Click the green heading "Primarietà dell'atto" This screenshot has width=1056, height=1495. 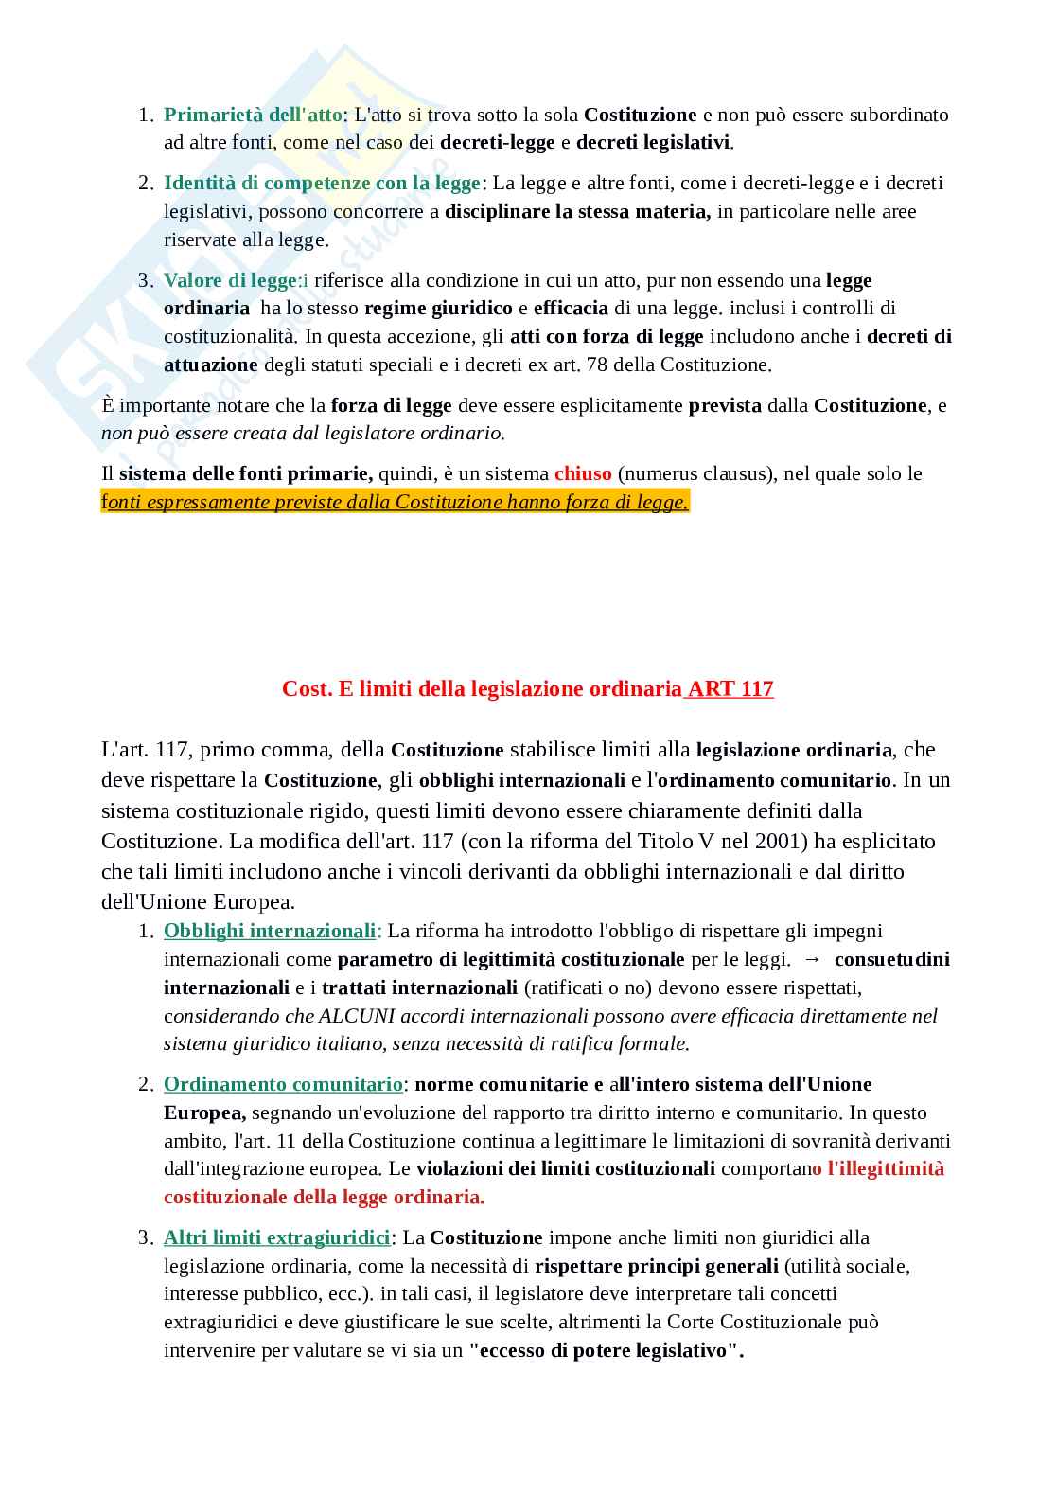click(253, 115)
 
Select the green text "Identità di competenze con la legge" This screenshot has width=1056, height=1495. click(322, 183)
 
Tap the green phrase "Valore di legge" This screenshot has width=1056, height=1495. click(230, 280)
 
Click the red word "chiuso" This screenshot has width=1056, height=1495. click(583, 473)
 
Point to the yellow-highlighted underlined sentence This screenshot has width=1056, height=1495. click(395, 502)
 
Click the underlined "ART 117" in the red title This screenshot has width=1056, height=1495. click(730, 688)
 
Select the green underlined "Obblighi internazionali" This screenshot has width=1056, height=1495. click(270, 931)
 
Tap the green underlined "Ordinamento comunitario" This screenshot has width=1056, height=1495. click(283, 1084)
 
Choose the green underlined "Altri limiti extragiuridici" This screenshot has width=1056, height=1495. click(276, 1237)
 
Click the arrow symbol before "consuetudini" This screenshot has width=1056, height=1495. click(812, 959)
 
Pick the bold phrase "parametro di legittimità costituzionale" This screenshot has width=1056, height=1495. click(511, 959)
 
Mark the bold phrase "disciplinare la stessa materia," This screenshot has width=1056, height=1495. click(577, 211)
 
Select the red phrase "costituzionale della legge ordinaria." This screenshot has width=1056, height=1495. click(324, 1197)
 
